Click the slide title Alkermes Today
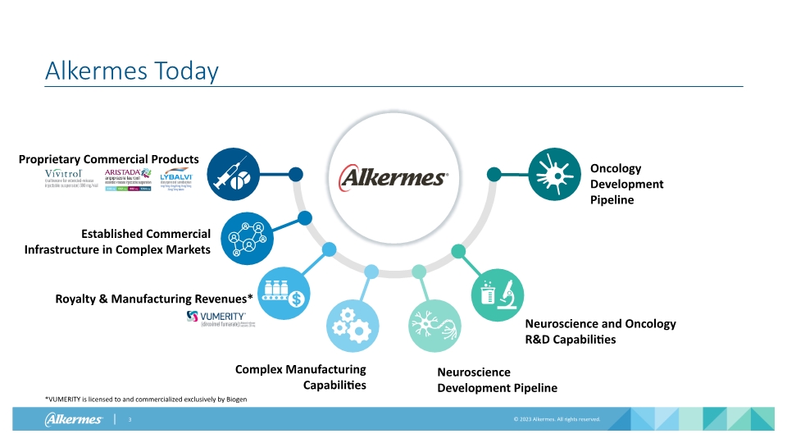pyautogui.click(x=131, y=71)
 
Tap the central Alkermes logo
pyautogui.click(x=394, y=176)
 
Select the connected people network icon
pyautogui.click(x=247, y=238)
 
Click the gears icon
pyautogui.click(x=353, y=327)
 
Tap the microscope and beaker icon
pyautogui.click(x=497, y=295)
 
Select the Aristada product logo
pyautogui.click(x=128, y=178)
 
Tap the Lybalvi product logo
pyautogui.click(x=177, y=178)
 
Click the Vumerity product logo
pyautogui.click(x=218, y=319)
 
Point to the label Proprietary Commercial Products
pyautogui.click(x=109, y=158)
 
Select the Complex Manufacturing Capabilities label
pyautogui.click(x=301, y=377)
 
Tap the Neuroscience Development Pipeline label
pyautogui.click(x=497, y=380)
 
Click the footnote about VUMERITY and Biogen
pyautogui.click(x=145, y=399)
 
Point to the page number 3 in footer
pyautogui.click(x=130, y=420)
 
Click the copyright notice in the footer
pyautogui.click(x=557, y=419)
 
